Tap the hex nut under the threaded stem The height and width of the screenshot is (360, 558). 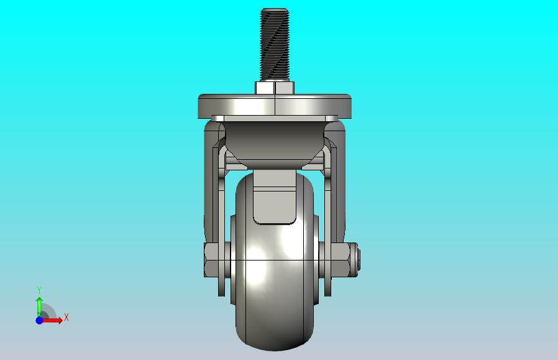pos(275,88)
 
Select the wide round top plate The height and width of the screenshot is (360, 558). pos(275,106)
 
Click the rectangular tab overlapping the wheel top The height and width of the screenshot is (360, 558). pos(275,197)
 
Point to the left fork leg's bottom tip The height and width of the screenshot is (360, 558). pos(221,295)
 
